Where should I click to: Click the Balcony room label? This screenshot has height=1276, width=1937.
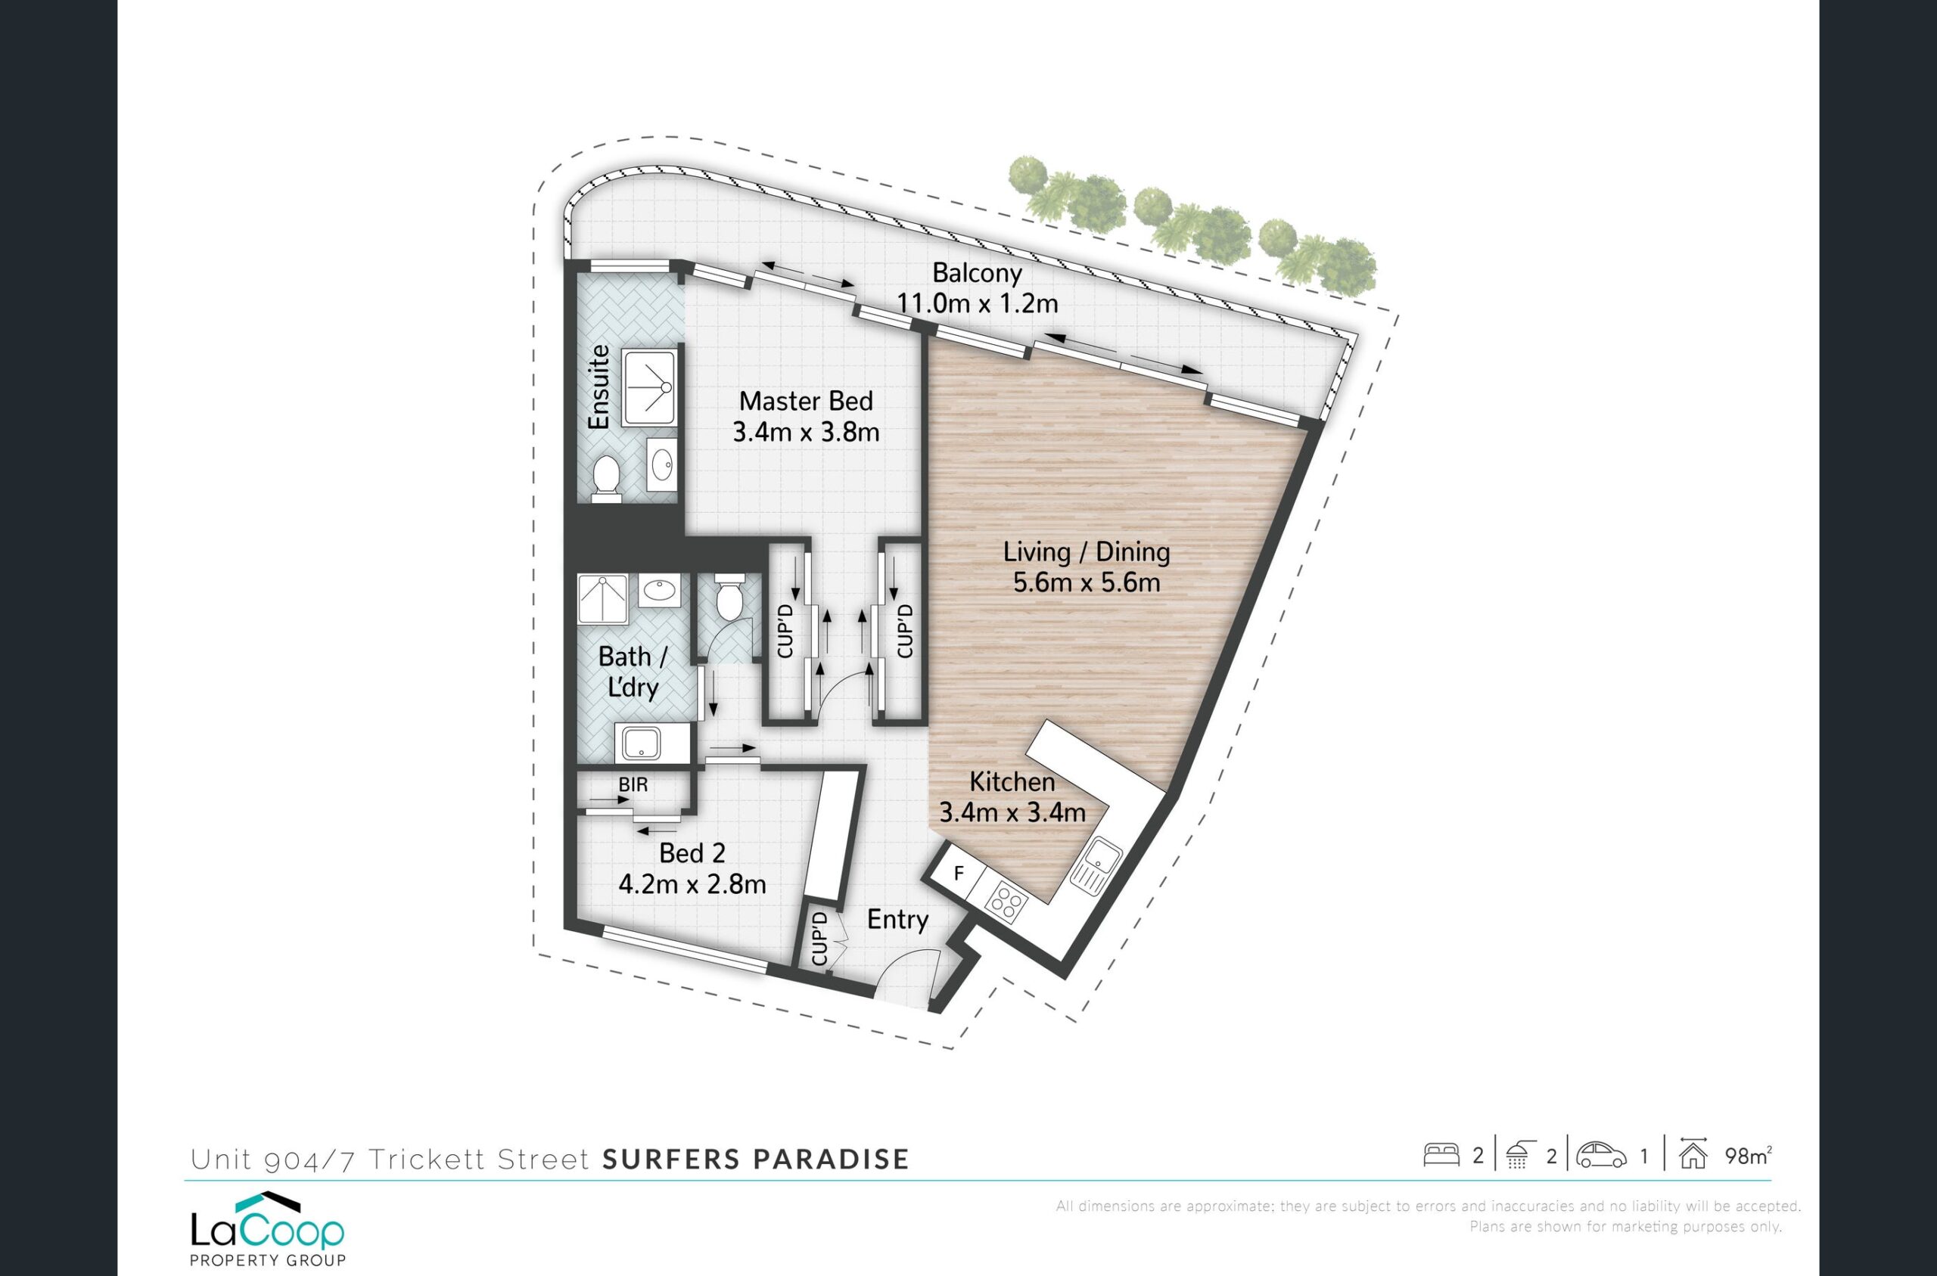pos(977,272)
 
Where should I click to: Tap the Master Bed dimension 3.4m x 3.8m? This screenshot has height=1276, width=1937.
pos(806,432)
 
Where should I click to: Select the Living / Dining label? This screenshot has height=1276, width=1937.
pos(1087,551)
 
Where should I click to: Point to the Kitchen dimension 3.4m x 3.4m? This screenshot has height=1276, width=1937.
pos(1012,812)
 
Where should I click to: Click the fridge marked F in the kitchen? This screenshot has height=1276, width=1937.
pos(959,874)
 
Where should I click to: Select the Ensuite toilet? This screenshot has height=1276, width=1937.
pos(605,475)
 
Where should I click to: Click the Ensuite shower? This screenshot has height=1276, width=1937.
pos(649,388)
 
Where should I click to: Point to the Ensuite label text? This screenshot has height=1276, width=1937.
pos(599,387)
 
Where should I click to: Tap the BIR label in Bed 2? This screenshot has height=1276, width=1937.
pos(633,785)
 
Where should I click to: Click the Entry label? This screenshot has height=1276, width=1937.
pos(897,920)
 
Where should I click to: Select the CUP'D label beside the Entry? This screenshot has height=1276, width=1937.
pos(819,939)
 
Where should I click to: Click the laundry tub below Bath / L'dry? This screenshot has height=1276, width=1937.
pos(643,742)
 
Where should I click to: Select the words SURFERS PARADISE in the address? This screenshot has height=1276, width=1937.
pos(755,1159)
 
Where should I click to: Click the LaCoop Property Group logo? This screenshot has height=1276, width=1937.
pos(268,1230)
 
